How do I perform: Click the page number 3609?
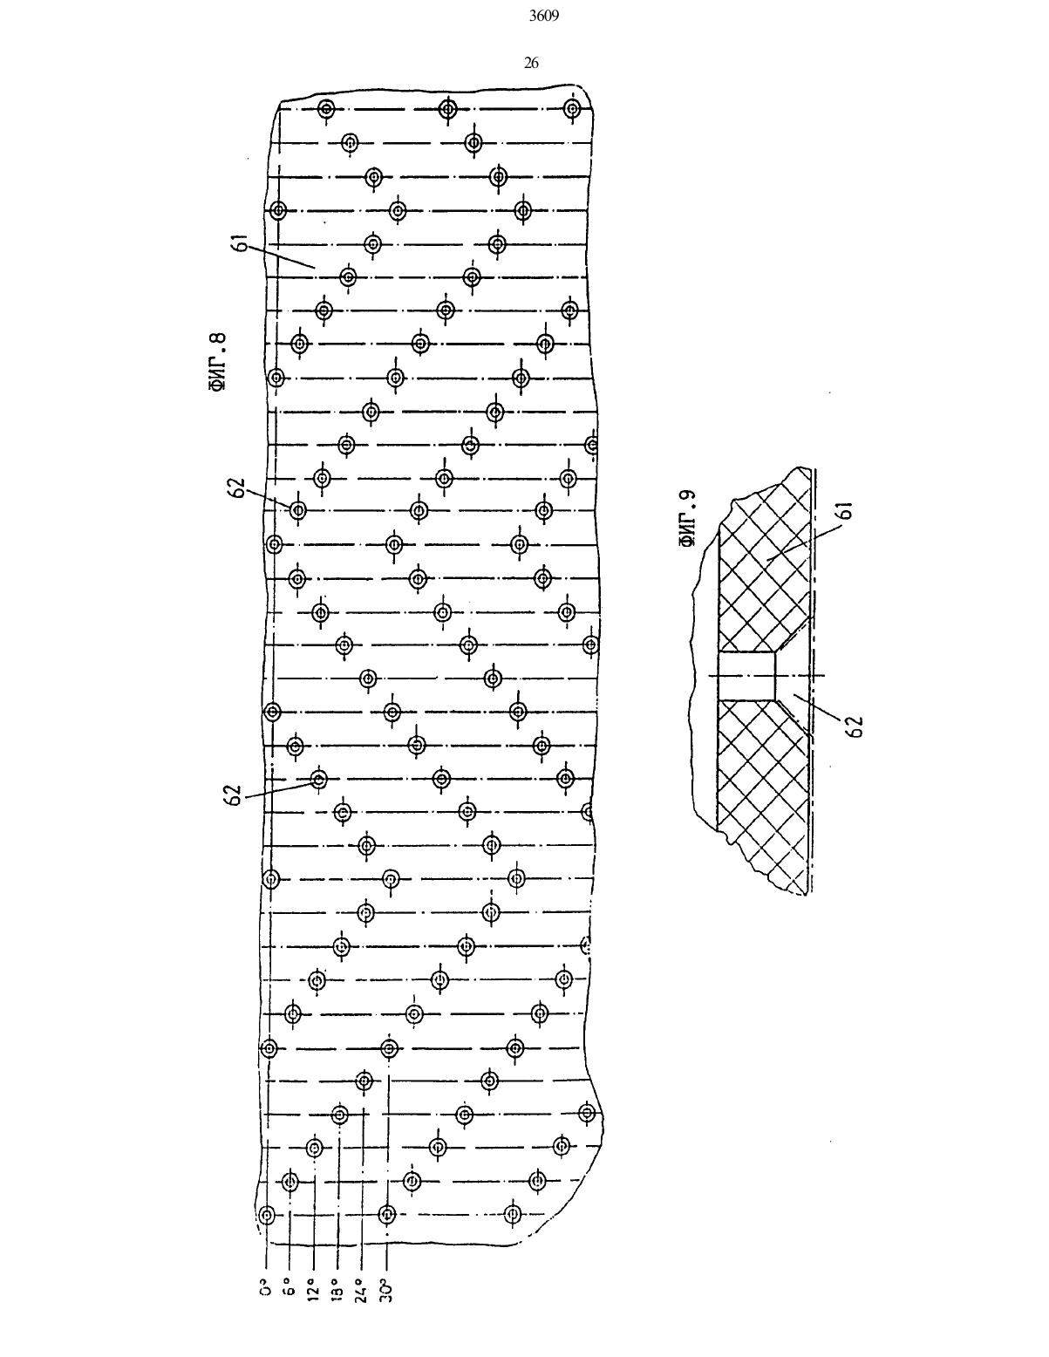click(x=544, y=17)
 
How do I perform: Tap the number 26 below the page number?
click(x=531, y=63)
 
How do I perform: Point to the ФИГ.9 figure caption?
click(x=687, y=518)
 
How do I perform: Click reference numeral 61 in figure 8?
click(x=240, y=243)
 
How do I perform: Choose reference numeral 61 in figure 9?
click(x=846, y=511)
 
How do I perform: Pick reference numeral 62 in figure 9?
click(x=855, y=726)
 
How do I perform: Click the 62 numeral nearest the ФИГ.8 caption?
click(x=236, y=488)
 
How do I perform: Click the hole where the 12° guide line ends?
click(x=315, y=1147)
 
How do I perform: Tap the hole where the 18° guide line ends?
click(x=339, y=1114)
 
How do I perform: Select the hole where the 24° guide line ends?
click(x=364, y=1081)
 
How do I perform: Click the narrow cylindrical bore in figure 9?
click(x=747, y=675)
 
